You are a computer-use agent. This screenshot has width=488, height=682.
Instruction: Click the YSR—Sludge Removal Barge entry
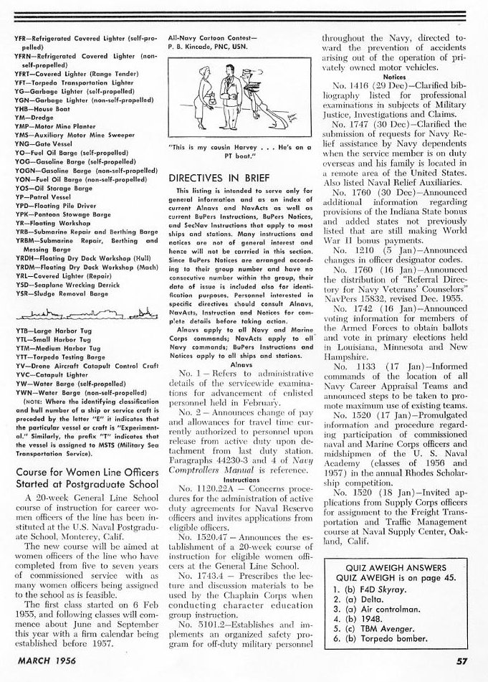click(56, 293)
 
